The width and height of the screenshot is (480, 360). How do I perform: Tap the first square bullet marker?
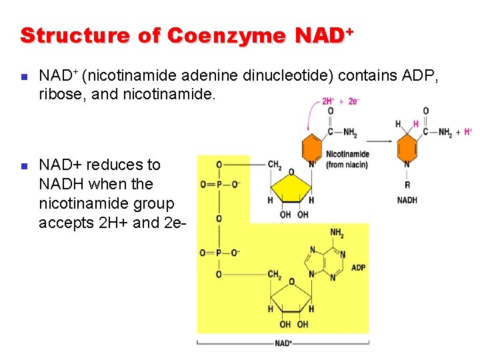(x=24, y=77)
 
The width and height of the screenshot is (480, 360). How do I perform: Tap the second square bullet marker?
(x=24, y=165)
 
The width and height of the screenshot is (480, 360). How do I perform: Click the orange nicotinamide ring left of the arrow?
(x=312, y=147)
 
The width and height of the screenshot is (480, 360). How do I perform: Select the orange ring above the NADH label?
(x=407, y=147)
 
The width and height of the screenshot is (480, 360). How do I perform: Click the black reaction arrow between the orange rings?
(x=377, y=141)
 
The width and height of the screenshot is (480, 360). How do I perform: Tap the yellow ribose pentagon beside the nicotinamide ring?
(x=291, y=184)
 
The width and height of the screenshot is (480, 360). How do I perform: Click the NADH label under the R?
(x=407, y=200)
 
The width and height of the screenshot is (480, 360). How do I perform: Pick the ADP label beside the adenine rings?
(x=358, y=268)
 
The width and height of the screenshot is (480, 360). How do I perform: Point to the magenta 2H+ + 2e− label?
(x=341, y=101)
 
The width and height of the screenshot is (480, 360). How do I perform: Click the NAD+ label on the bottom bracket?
(x=283, y=343)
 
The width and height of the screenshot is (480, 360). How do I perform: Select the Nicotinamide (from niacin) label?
(x=347, y=160)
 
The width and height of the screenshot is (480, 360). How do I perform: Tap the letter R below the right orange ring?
(x=407, y=185)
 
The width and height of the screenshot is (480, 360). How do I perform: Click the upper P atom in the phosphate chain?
(x=219, y=184)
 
